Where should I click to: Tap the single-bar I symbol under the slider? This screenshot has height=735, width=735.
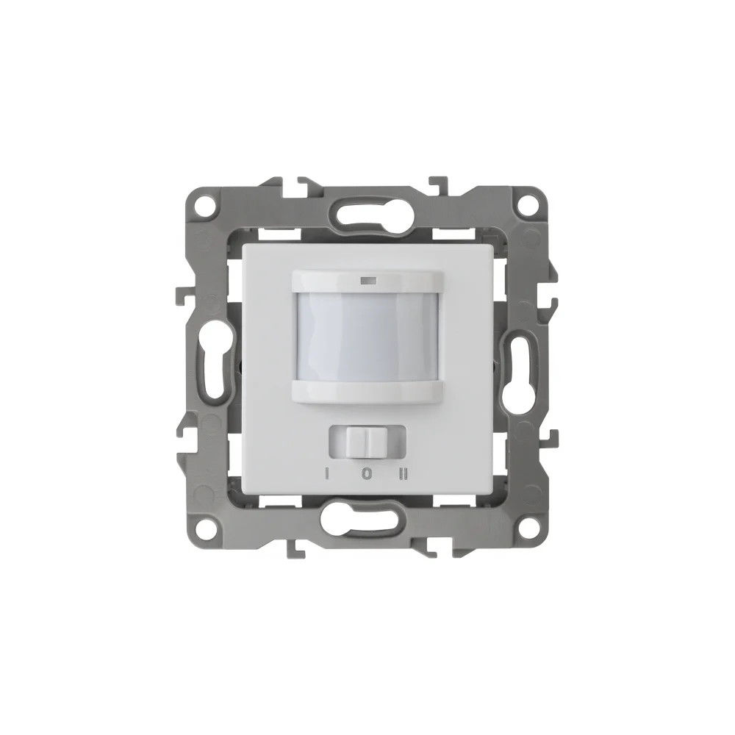click(x=328, y=475)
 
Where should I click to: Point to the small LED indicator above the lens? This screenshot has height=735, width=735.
click(x=367, y=282)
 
